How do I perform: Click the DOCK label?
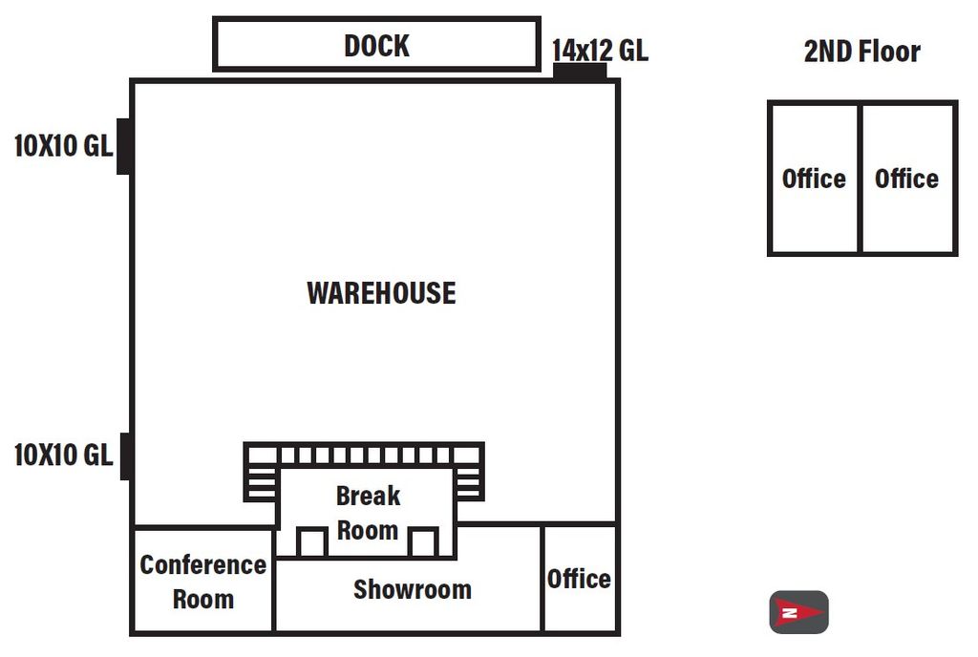pyautogui.click(x=376, y=46)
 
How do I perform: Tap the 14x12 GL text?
pyautogui.click(x=600, y=51)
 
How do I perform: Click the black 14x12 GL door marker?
pyautogui.click(x=580, y=71)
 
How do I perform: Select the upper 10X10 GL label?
pyautogui.click(x=63, y=146)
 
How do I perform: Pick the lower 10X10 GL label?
pyautogui.click(x=63, y=456)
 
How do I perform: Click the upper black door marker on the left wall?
pyautogui.click(x=123, y=146)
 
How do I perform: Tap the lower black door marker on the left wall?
pyautogui.click(x=125, y=456)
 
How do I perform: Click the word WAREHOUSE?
pyautogui.click(x=381, y=293)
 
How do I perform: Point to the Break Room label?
pyautogui.click(x=368, y=513)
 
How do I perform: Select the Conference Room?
pyautogui.click(x=203, y=581)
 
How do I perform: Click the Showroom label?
pyautogui.click(x=413, y=590)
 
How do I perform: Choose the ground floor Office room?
pyautogui.click(x=580, y=579)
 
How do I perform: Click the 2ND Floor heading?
pyautogui.click(x=862, y=52)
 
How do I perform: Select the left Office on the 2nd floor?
pyautogui.click(x=814, y=179)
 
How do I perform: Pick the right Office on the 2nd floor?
pyautogui.click(x=908, y=179)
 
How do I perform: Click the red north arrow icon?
pyautogui.click(x=799, y=613)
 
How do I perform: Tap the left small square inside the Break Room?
pyautogui.click(x=311, y=542)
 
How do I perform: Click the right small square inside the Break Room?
pyautogui.click(x=423, y=542)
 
